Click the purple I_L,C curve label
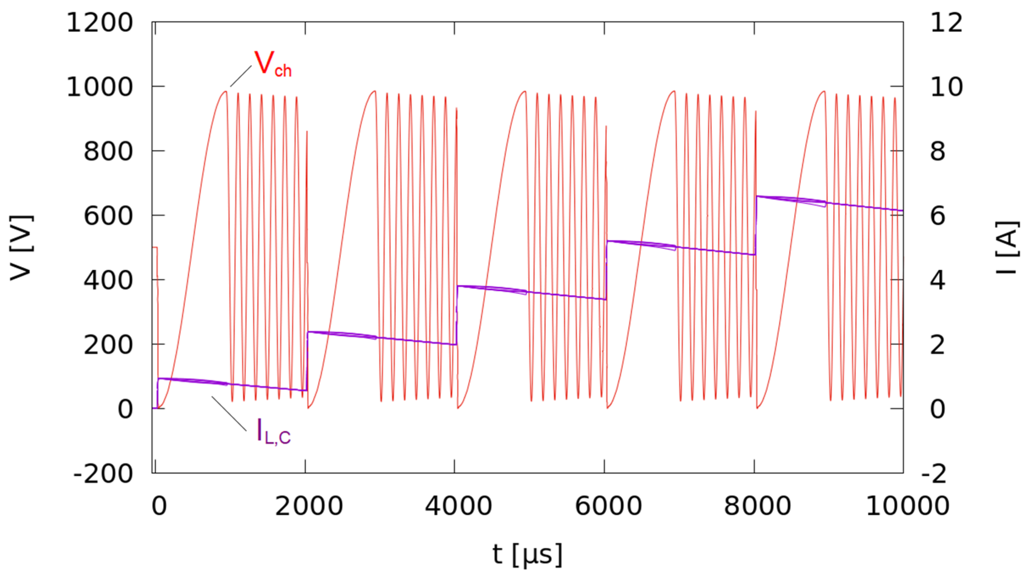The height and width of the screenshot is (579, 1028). [274, 432]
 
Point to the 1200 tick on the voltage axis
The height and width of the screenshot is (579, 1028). [100, 22]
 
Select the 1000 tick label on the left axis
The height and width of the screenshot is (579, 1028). [100, 87]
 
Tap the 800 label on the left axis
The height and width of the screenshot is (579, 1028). [108, 152]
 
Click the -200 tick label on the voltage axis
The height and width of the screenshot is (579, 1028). [103, 474]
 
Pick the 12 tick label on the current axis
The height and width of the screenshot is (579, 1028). [946, 22]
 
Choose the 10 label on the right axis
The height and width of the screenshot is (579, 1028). [946, 87]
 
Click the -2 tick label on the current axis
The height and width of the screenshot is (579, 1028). [933, 474]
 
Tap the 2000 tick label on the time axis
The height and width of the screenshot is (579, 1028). [309, 506]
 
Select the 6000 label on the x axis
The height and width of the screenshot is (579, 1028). [608, 506]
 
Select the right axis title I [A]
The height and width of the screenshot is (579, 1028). [1007, 247]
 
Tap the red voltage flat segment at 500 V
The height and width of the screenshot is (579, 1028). [155, 247]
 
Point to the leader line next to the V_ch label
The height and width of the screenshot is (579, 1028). [241, 76]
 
